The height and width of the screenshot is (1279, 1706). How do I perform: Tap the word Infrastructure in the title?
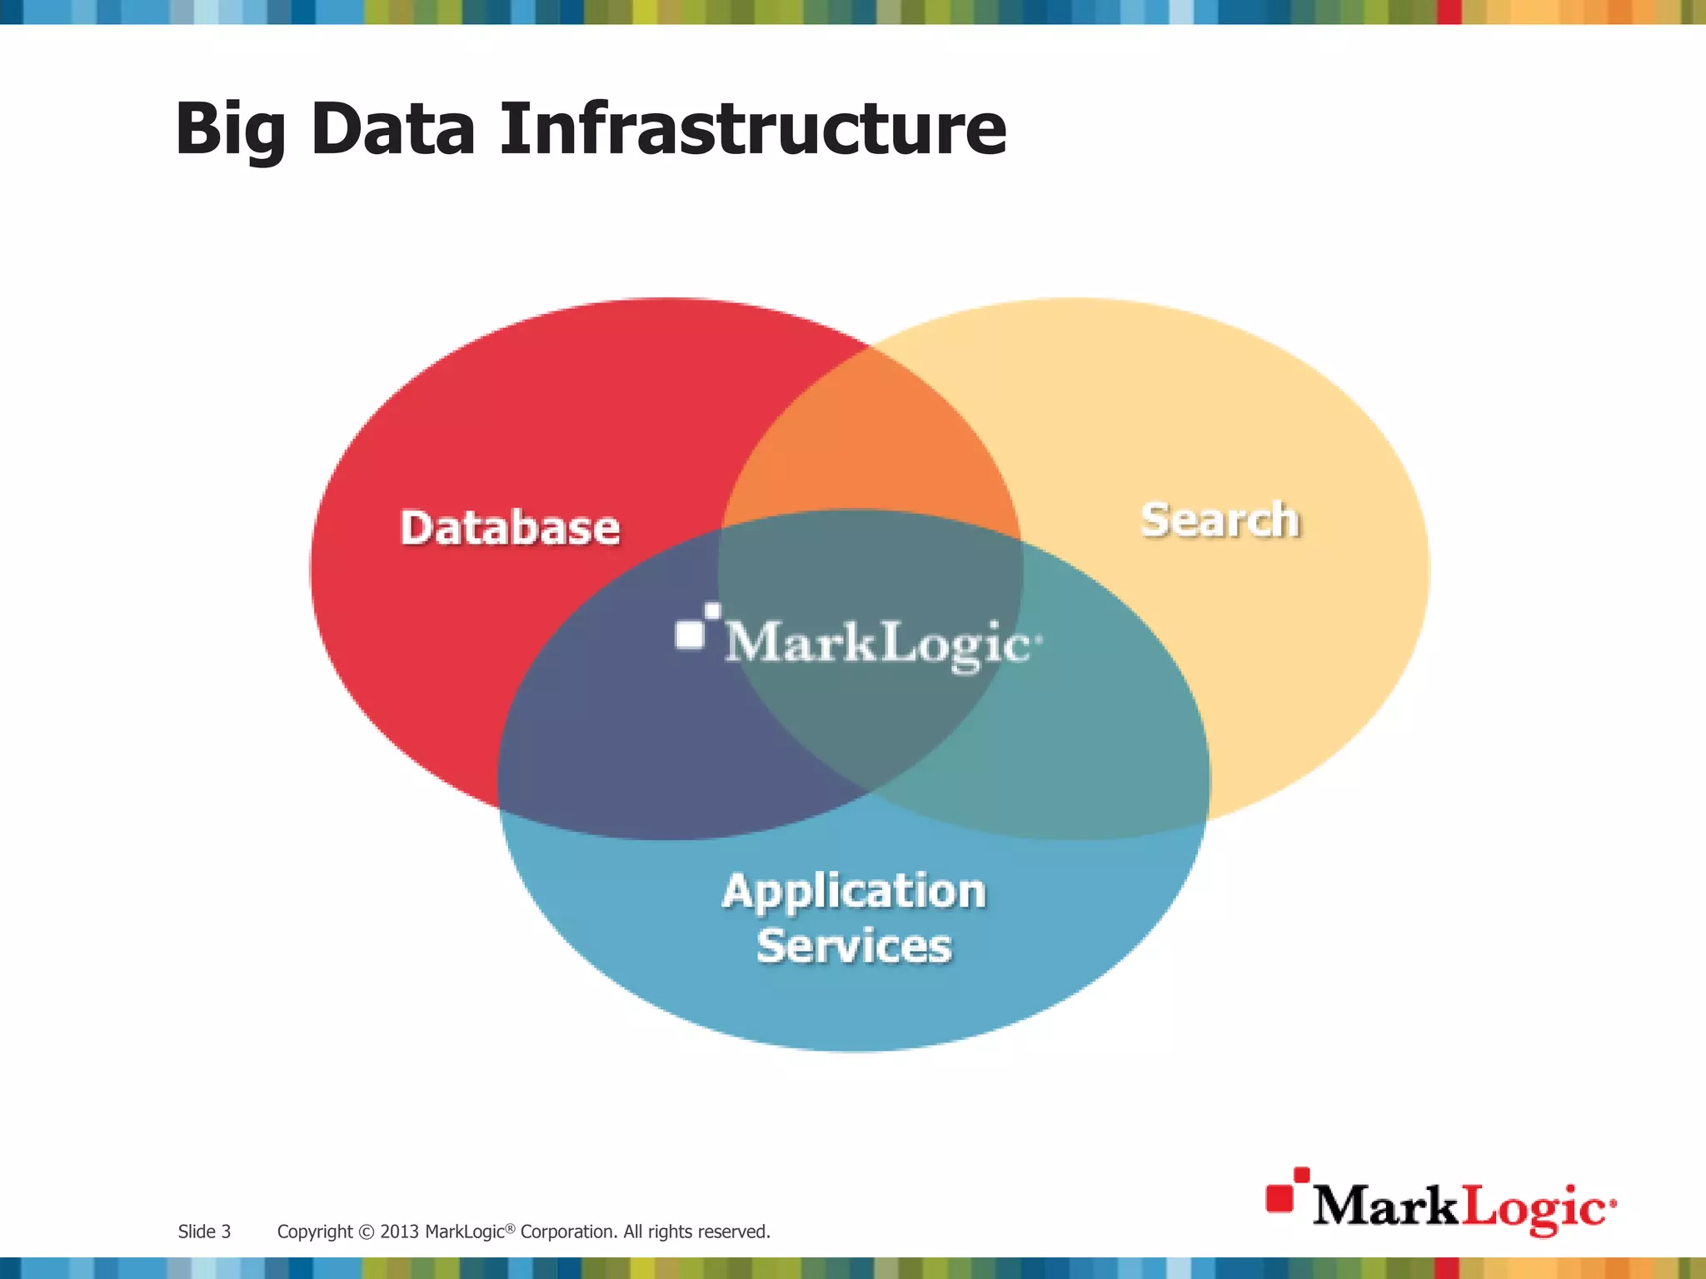752,129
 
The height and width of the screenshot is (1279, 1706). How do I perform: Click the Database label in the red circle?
510,528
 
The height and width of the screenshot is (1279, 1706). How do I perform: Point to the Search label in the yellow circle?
1220,520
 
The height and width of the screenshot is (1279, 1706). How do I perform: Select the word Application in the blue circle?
854,891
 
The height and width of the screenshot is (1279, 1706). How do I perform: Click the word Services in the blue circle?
854,946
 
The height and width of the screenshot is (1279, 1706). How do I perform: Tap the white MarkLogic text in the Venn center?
879,644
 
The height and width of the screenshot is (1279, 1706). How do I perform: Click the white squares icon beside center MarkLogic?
695,626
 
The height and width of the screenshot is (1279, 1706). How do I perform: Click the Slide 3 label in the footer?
204,1232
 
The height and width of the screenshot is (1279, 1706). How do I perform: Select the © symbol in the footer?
367,1232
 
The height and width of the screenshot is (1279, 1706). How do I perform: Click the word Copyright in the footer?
315,1232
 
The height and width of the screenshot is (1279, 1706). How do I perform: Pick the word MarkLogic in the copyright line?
465,1232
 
